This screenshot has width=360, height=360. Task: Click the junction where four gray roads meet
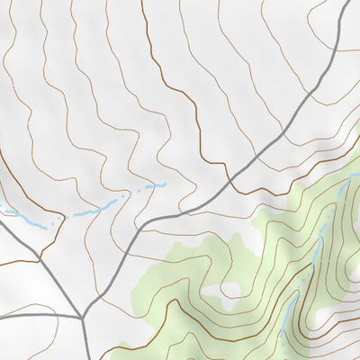82,318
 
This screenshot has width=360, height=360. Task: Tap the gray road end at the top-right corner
348,3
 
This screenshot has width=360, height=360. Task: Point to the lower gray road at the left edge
2,317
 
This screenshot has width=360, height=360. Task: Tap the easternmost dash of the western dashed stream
162,184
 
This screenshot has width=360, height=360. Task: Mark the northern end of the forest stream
348,179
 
